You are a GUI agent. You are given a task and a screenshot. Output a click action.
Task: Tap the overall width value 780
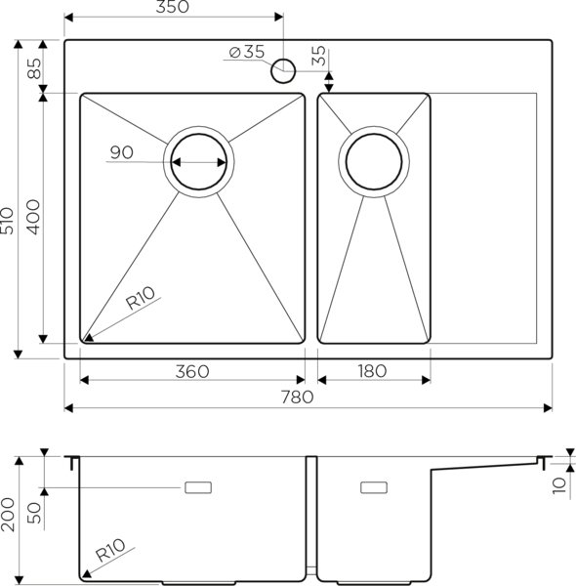[x=297, y=397]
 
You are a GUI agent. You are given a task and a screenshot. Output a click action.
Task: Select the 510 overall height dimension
[x=9, y=227]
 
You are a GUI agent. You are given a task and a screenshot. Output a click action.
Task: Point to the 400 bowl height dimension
[x=33, y=216]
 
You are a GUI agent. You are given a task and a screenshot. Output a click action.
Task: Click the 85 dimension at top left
[x=33, y=69]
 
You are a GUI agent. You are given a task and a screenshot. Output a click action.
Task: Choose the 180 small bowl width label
[x=372, y=370]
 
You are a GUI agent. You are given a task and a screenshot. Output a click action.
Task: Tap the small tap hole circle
[x=284, y=69]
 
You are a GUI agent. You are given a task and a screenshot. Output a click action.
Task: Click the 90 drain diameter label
[x=121, y=152]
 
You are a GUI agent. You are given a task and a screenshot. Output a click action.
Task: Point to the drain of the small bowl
[x=374, y=162]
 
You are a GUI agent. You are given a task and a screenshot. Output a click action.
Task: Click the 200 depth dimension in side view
[x=9, y=513]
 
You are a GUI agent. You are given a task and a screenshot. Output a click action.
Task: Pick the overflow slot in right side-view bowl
[x=374, y=486]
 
